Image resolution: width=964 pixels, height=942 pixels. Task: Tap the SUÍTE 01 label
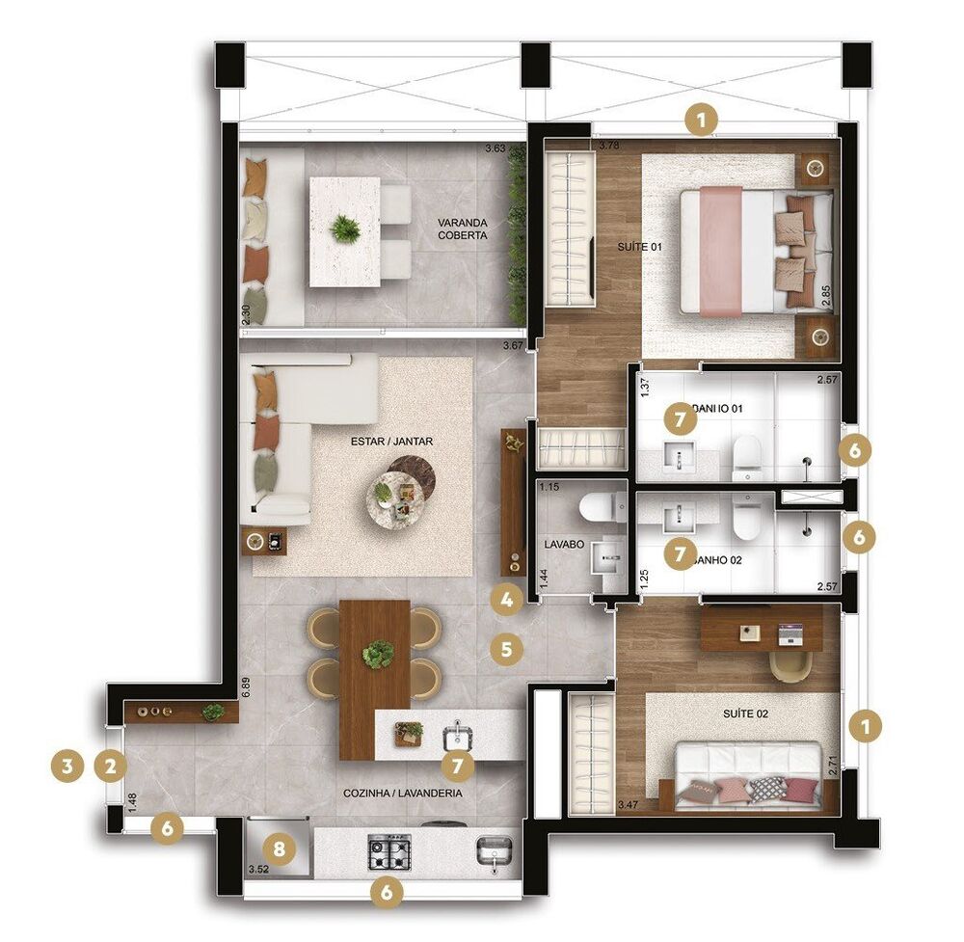coord(640,248)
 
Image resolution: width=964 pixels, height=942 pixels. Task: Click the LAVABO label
coord(561,543)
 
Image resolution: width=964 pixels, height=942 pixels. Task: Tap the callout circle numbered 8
coord(279,849)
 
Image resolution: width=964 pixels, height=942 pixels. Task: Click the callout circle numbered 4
coord(506,600)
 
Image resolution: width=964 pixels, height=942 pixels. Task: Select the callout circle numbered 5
coord(506,648)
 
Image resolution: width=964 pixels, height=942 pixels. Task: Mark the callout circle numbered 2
coord(111,767)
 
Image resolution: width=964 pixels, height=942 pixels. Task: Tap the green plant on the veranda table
coord(344,229)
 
